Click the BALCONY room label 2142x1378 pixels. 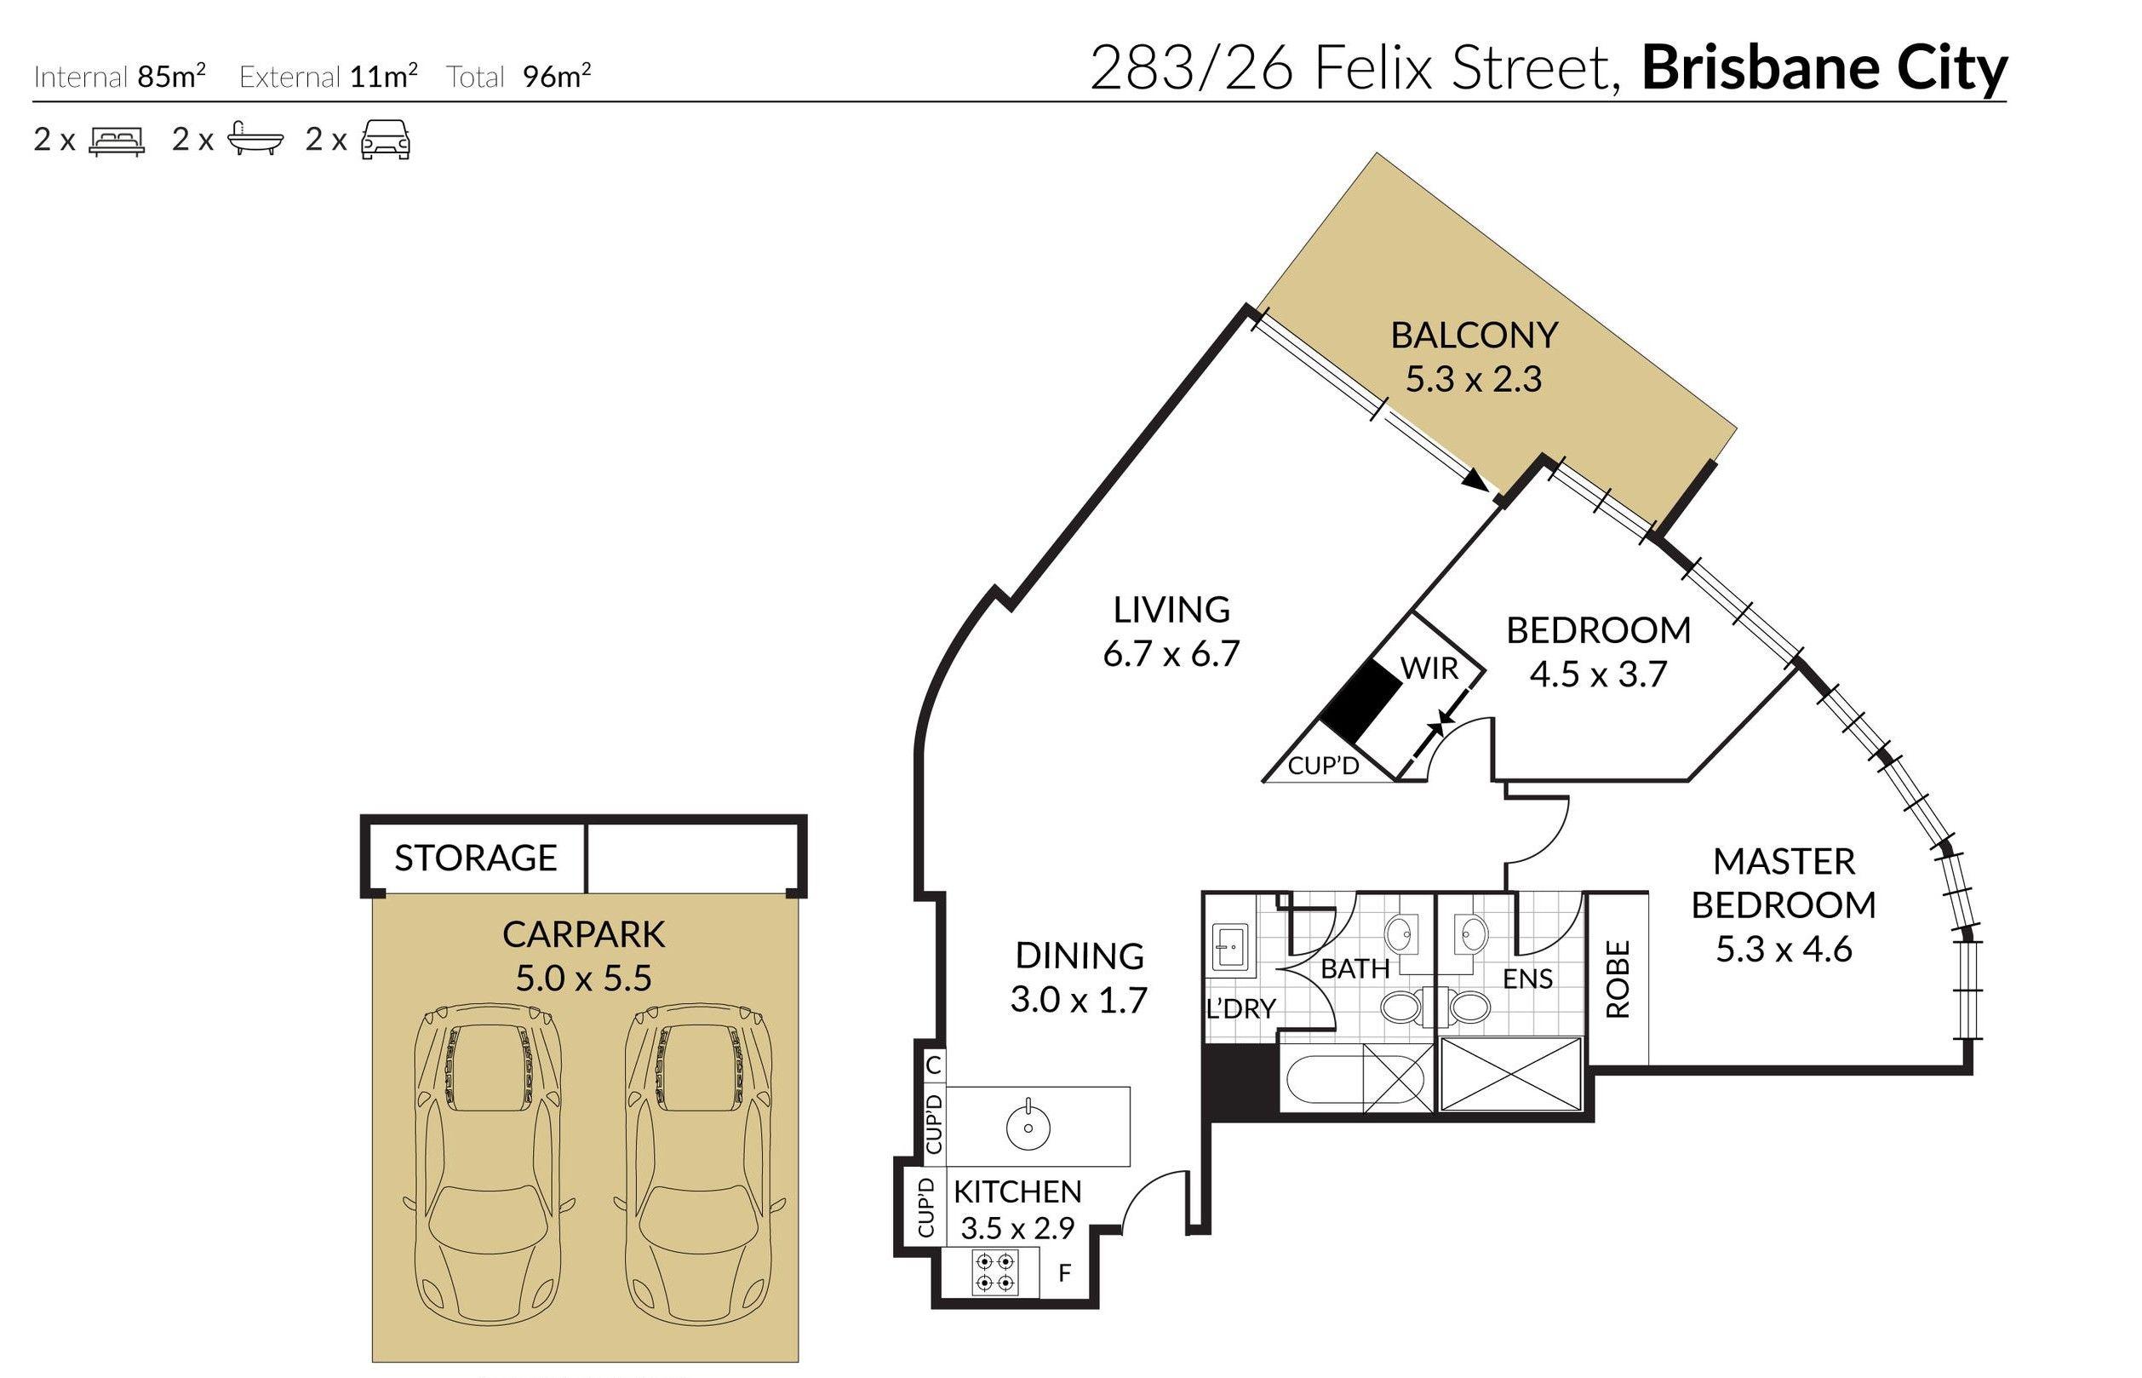pos(1473,336)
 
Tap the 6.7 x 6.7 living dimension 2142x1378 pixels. pos(1171,654)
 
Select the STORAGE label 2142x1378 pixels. pos(475,858)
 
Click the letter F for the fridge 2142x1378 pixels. pos(1064,1272)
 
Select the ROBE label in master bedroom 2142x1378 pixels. pos(1618,979)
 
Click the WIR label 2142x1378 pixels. pos(1429,669)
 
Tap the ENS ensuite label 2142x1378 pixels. pos(1527,979)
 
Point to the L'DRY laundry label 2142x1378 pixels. pos(1240,1009)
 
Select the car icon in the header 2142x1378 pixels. pos(386,141)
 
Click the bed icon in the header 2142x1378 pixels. pos(117,141)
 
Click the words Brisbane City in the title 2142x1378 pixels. pos(1824,69)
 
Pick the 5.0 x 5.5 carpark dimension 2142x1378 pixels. pos(583,978)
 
